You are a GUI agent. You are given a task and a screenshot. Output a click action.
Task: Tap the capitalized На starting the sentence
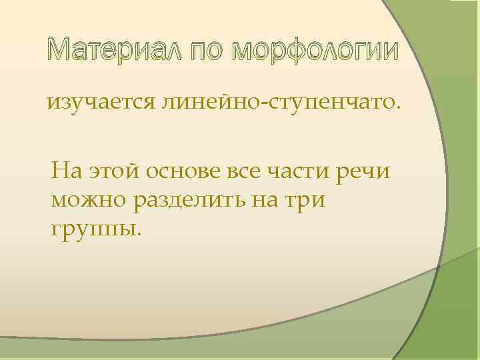point(66,172)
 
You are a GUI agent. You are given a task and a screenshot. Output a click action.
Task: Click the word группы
point(93,229)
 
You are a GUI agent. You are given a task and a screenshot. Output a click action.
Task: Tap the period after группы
point(140,235)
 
